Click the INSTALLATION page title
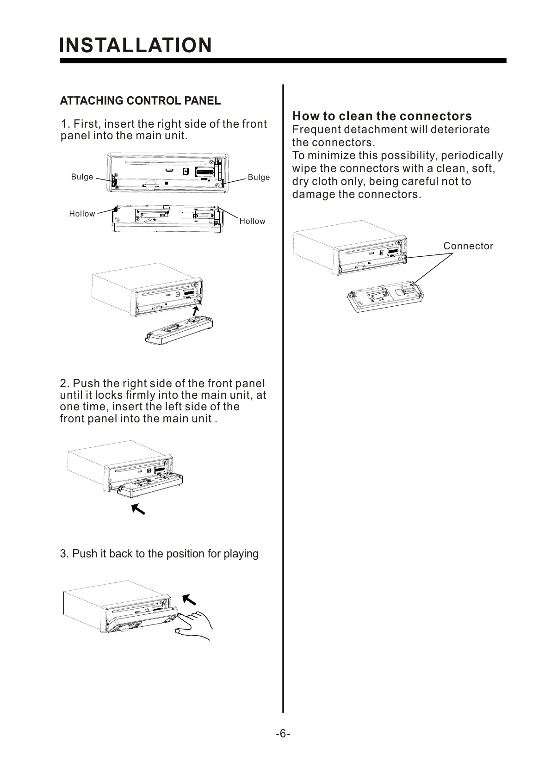pos(136,45)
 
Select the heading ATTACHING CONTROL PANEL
pos(140,101)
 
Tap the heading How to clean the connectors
pos(382,116)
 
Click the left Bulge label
pos(82,177)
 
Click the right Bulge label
pos(259,177)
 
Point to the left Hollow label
pos(82,214)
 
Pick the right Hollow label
pos(252,221)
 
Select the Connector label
pos(468,246)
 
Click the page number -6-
pos(283,734)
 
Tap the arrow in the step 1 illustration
pos(197,310)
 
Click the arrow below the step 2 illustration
pos(138,509)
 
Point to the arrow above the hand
pos(189,600)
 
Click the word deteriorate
pos(460,130)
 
